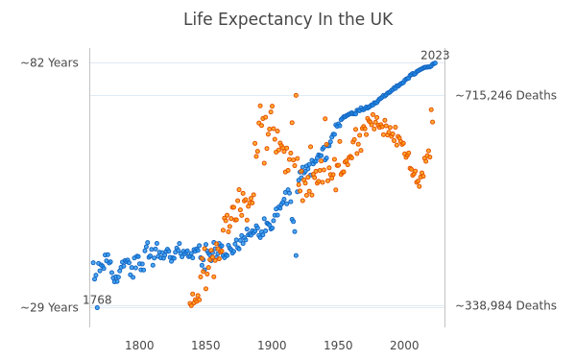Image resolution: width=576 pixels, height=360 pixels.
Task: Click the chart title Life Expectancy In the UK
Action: pos(288,19)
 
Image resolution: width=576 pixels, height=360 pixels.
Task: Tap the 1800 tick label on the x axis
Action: pos(139,346)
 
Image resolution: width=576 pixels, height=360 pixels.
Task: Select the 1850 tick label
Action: pos(205,346)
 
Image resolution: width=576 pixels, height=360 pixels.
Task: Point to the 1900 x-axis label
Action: pos(272,346)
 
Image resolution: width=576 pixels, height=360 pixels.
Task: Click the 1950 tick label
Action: pos(338,346)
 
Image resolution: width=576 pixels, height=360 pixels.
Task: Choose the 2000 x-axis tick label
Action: pos(404,346)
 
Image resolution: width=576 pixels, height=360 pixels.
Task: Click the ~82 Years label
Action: pos(50,62)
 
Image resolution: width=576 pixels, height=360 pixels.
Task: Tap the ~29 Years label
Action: pos(50,307)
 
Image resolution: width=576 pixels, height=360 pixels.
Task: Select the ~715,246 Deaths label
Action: pos(506,95)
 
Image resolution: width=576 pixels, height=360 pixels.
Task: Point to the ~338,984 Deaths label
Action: pos(506,305)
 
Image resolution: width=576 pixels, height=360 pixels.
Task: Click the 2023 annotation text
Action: pos(435,56)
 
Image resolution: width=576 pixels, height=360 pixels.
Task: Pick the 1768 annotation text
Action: pos(97,300)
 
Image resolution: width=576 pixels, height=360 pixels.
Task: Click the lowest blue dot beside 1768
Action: pos(97,308)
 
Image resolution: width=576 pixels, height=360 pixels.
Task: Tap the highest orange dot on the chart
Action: pos(296,95)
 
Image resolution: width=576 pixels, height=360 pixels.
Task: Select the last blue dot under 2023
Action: pos(435,63)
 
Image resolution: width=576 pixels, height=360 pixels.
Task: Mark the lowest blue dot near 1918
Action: pos(296,255)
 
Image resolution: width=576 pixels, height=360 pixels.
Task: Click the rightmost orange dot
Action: pos(432,122)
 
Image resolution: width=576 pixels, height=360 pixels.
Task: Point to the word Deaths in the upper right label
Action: pos(537,95)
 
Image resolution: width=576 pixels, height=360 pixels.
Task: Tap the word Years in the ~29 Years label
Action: pos(62,307)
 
